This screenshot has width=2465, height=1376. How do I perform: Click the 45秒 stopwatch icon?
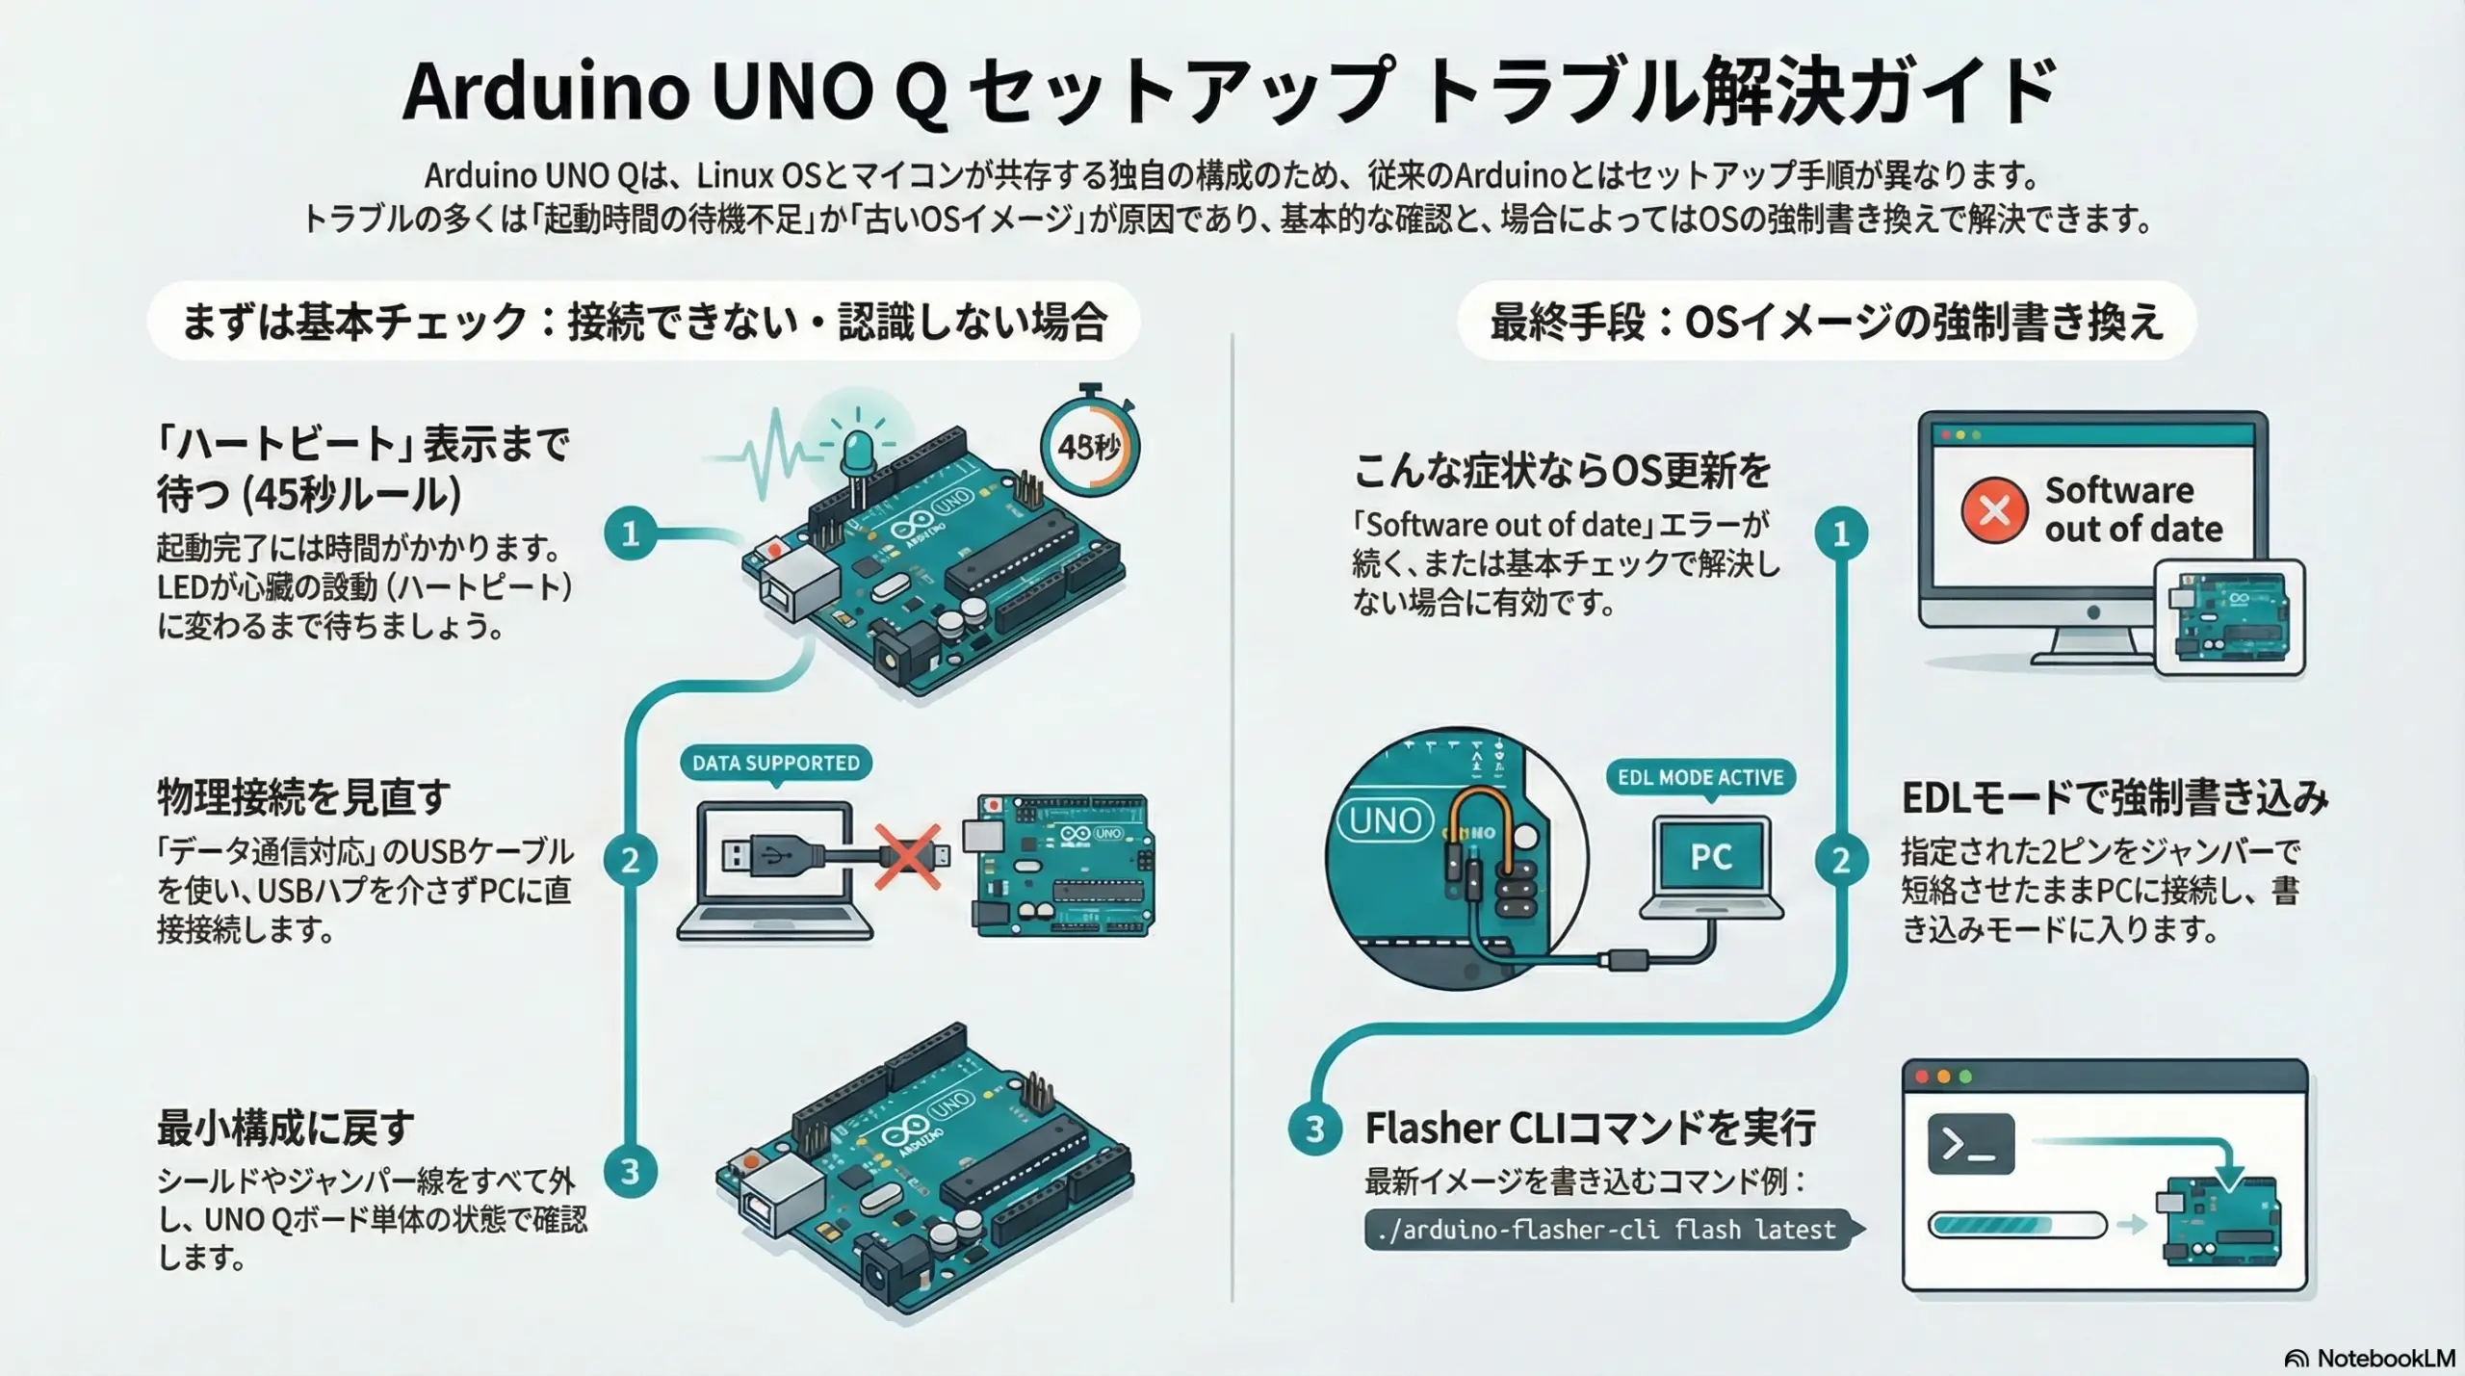point(1089,445)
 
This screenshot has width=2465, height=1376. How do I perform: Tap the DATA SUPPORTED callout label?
point(775,763)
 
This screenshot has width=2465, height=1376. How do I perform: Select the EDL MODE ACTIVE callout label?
point(1700,777)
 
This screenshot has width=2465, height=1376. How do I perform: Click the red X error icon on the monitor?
point(1994,509)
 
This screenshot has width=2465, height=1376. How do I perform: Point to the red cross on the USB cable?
point(907,855)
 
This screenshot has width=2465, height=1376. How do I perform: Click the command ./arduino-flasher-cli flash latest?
point(1607,1230)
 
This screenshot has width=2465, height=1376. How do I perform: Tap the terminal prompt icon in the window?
point(1971,1144)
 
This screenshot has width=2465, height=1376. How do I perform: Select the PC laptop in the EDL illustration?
point(1711,867)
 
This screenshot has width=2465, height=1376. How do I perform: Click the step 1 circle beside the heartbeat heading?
point(631,533)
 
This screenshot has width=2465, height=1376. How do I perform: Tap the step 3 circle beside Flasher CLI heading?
point(1314,1129)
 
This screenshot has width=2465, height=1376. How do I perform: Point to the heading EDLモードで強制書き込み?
point(2115,797)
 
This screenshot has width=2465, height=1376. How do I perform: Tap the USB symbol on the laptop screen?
point(772,853)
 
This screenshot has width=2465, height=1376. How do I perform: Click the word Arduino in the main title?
point(546,91)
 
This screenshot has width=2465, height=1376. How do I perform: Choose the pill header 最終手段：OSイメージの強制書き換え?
point(1827,322)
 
